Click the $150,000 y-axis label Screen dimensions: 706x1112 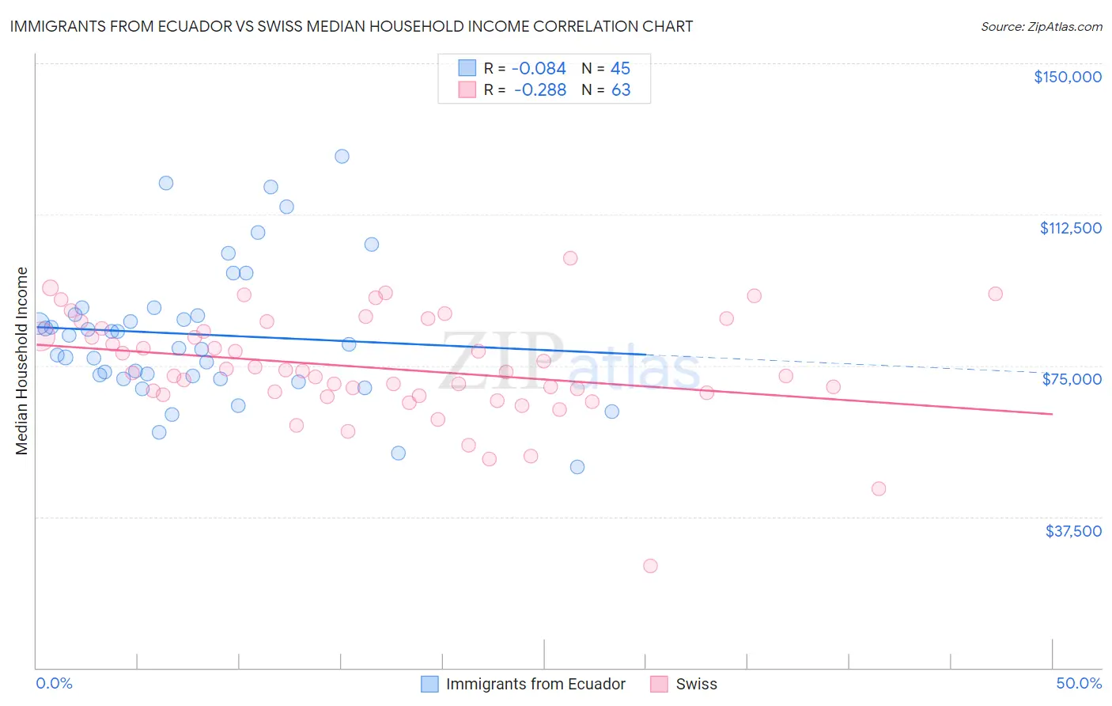(1068, 77)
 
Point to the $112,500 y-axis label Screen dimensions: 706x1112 (1070, 228)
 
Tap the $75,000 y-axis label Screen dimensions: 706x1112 (1072, 379)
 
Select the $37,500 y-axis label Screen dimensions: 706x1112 (1073, 530)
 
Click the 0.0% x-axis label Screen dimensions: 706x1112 (54, 683)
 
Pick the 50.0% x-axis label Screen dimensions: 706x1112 (1079, 683)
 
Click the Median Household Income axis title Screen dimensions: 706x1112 (22, 361)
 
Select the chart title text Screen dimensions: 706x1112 (351, 26)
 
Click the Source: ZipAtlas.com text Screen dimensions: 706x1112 (1041, 27)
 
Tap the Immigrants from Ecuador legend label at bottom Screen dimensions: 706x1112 (535, 684)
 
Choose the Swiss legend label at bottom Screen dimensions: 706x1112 (696, 684)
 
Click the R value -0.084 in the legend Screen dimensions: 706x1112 (539, 69)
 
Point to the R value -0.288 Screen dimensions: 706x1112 (540, 90)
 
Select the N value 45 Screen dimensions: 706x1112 (620, 69)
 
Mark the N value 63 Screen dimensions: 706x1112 (621, 90)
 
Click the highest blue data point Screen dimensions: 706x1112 (342, 156)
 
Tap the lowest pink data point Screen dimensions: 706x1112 (650, 566)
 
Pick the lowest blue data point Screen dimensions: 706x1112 (577, 467)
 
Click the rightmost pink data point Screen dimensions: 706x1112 (995, 294)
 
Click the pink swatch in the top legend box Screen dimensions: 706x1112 (467, 89)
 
